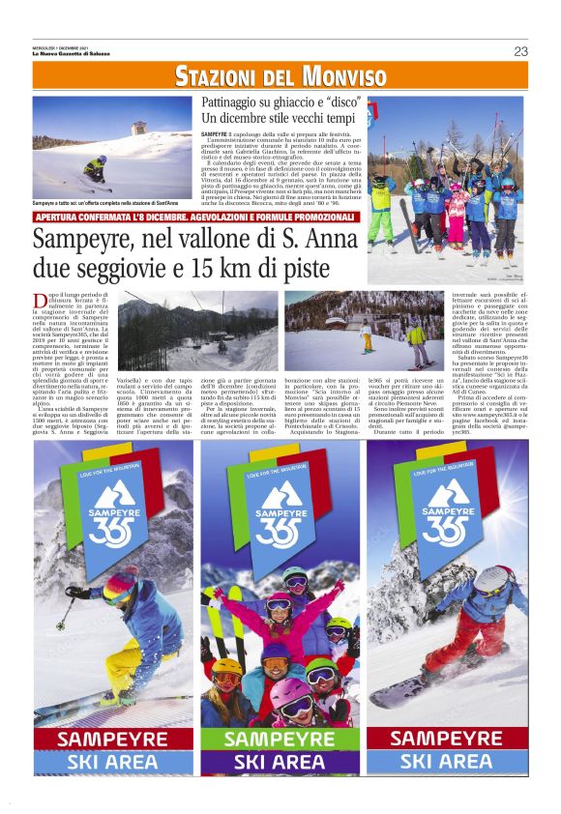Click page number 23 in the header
520,51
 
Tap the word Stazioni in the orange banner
215,76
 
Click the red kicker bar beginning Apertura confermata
196,217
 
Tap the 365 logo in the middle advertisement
280,522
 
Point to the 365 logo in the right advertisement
446,522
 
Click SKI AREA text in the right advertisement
447,761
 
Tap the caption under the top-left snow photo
105,203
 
